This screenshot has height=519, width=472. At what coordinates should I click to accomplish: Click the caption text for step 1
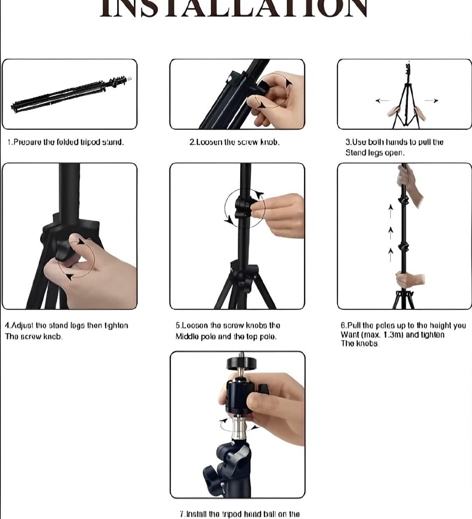65,142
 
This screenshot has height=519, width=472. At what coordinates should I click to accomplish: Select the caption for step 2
234,142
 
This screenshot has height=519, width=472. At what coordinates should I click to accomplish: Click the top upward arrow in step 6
391,211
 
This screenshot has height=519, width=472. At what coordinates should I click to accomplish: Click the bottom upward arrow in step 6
391,254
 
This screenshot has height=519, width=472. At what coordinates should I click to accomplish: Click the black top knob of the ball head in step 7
238,363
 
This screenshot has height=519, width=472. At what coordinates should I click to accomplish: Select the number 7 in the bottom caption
181,514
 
